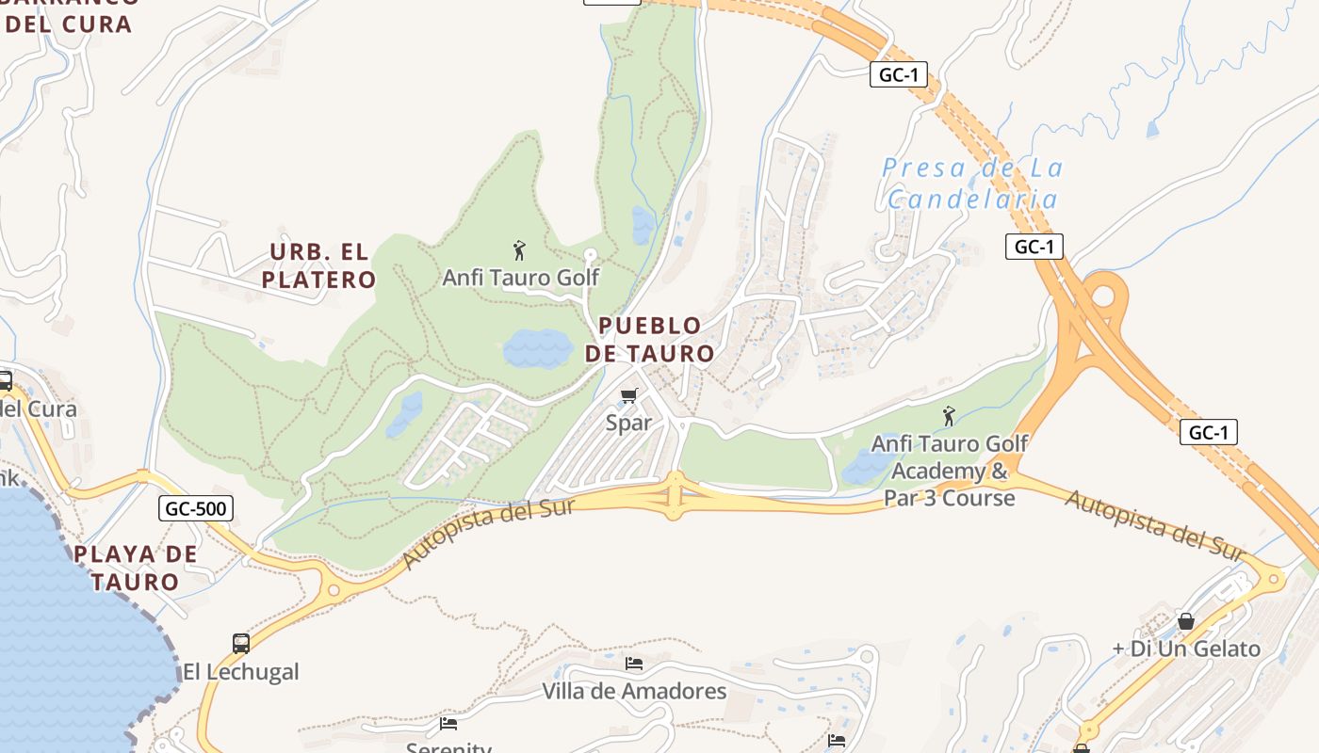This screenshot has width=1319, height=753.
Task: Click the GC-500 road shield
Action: [196, 509]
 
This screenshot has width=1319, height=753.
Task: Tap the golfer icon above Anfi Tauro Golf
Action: [519, 250]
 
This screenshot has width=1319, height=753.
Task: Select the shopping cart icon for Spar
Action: [628, 396]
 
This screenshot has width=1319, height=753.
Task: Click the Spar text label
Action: [628, 423]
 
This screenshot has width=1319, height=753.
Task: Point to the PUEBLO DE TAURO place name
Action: [650, 340]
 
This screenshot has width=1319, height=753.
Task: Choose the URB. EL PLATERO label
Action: [318, 265]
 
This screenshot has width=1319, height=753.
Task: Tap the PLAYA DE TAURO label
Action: [136, 568]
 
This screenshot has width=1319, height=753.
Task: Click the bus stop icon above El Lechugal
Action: [241, 644]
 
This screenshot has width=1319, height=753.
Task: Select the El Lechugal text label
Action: [240, 672]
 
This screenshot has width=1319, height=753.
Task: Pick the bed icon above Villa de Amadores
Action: [634, 664]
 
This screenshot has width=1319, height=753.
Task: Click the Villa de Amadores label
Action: [634, 692]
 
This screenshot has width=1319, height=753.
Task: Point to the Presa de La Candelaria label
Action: [972, 184]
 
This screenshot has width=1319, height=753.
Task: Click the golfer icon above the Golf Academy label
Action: [949, 415]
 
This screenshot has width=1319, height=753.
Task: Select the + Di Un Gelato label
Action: [1186, 649]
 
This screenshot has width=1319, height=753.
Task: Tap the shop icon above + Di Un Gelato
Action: [1186, 621]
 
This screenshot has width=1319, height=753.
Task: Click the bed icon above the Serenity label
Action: [448, 724]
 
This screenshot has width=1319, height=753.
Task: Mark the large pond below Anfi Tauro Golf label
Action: [537, 348]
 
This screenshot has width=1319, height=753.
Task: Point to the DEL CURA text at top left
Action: [68, 24]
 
